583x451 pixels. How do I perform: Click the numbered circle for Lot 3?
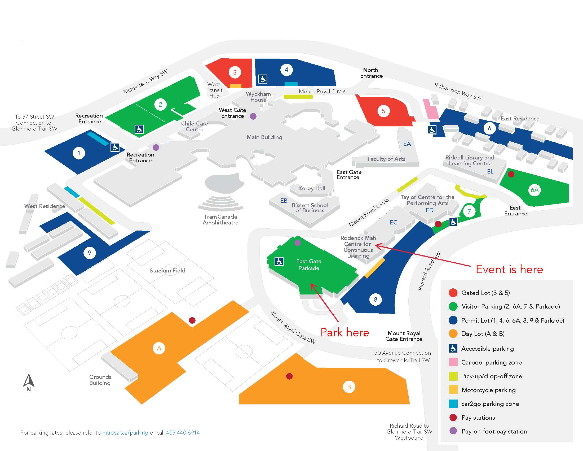click(x=235, y=72)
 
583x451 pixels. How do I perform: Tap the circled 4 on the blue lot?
click(x=286, y=70)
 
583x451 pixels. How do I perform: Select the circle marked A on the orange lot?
click(x=159, y=348)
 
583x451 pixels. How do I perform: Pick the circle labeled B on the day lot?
click(x=349, y=387)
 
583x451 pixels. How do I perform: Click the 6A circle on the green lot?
click(x=535, y=190)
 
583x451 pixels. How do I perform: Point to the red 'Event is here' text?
click(x=509, y=269)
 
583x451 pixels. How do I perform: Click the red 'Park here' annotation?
click(x=344, y=332)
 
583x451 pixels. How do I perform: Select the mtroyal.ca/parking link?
click(x=125, y=433)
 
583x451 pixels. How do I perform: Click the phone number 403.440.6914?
click(x=183, y=433)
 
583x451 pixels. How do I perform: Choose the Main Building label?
click(x=264, y=137)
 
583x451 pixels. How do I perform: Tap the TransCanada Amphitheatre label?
click(x=220, y=220)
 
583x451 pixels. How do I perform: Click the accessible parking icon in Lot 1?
click(x=115, y=147)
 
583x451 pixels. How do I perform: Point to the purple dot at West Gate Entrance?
click(x=253, y=116)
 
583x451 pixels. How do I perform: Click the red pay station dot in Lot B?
click(x=289, y=376)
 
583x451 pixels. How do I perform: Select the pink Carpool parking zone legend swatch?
click(x=453, y=362)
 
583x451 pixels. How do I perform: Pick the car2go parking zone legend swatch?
click(x=453, y=404)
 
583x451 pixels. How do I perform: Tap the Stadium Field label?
click(x=167, y=270)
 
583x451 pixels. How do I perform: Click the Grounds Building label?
click(x=100, y=380)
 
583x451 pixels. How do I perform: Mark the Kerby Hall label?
click(x=312, y=188)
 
